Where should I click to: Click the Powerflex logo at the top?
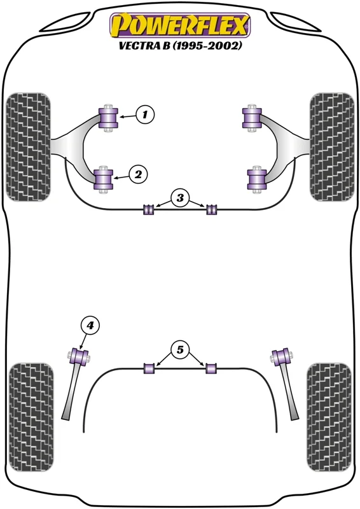tap(180, 25)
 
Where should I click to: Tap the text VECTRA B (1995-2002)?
tap(180, 46)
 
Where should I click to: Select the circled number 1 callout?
tap(145, 115)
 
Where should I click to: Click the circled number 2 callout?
tap(138, 174)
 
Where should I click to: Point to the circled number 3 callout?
tap(180, 198)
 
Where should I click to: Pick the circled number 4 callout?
tap(90, 325)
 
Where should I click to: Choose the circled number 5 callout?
tap(180, 349)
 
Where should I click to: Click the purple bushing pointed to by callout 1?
tap(108, 117)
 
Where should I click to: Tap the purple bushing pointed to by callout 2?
tap(103, 179)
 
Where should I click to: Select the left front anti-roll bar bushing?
tap(148, 209)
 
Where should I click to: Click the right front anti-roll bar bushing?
tap(212, 209)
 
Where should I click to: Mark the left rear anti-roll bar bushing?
tap(149, 368)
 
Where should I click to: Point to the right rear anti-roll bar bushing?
tap(211, 368)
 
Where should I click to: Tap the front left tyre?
tap(29, 147)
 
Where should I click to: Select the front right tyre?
tap(332, 147)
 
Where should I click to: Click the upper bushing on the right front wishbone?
tap(252, 118)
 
